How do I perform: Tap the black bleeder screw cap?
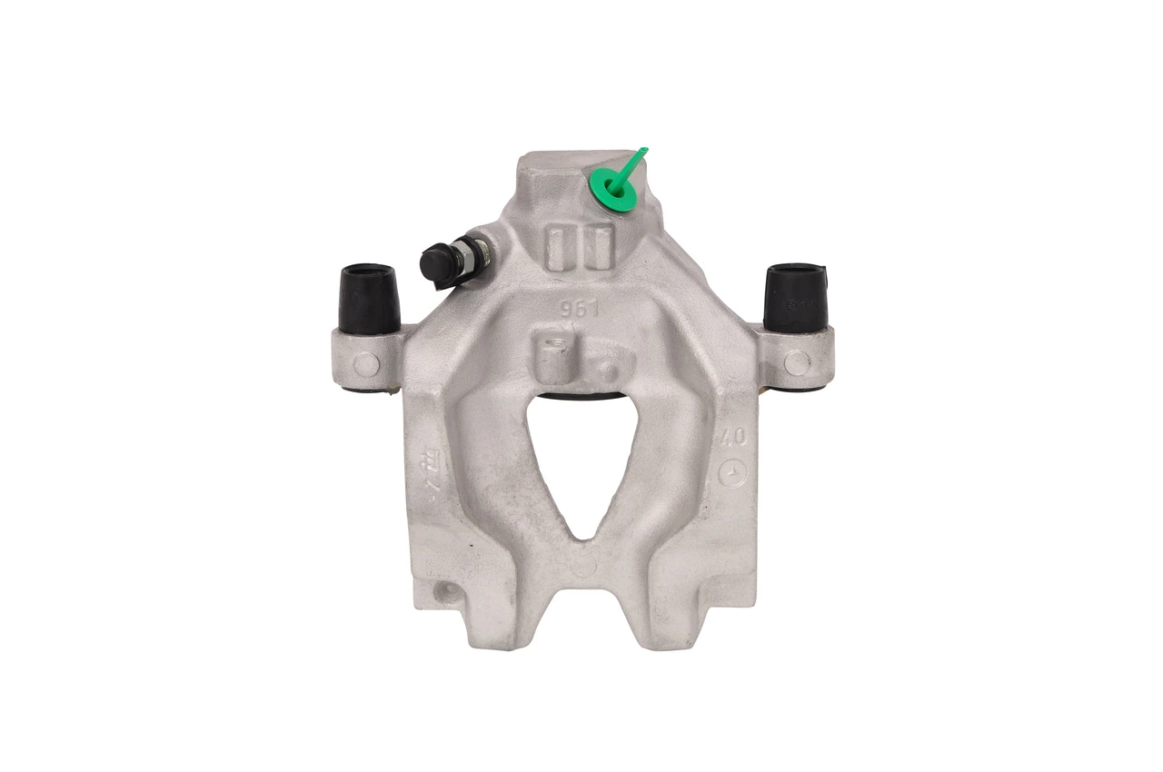[437, 264]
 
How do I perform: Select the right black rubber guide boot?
[794, 296]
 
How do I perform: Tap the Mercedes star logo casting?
[734, 473]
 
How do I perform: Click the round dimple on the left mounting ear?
[366, 364]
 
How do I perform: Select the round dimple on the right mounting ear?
[797, 363]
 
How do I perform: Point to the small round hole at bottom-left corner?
[446, 594]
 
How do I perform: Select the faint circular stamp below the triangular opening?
[582, 563]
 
